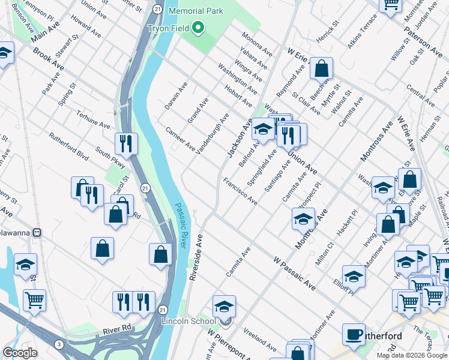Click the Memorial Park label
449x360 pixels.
[x=196, y=11]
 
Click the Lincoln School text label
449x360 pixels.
[x=188, y=322]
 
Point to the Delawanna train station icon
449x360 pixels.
[x=37, y=232]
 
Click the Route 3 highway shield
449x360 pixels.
[x=58, y=343]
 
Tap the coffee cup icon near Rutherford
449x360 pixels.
[x=354, y=334]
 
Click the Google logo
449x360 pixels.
[x=20, y=353]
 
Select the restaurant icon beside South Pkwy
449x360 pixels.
[x=126, y=143]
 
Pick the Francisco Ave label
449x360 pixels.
[x=240, y=191]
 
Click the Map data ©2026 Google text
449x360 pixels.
[x=412, y=355]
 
